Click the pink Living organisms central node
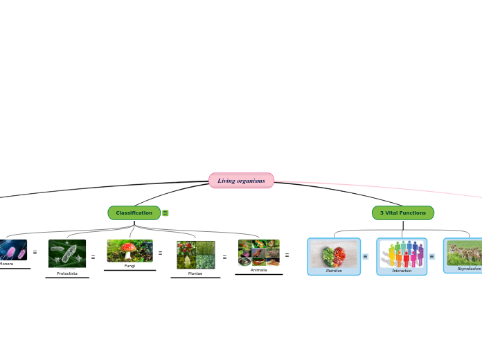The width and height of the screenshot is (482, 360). pos(241,181)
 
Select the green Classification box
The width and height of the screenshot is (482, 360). pos(134,213)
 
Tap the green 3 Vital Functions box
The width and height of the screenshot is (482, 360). pos(402,213)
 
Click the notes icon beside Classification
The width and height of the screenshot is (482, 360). pos(166,213)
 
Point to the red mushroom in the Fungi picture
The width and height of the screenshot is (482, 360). pos(128,249)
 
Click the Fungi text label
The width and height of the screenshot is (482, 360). pos(130,266)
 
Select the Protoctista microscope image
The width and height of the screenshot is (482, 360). pos(67,253)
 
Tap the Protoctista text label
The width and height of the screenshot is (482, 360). pos(67,273)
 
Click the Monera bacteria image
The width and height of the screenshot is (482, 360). pos(12,249)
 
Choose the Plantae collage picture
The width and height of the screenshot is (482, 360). pos(195,255)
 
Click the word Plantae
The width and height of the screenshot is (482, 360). pos(195,273)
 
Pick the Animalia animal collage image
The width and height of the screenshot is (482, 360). pos(258,253)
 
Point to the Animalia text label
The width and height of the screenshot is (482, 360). pos(258,270)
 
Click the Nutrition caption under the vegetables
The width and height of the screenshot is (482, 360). pos(334,271)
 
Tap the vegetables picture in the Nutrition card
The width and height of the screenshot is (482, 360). pos(334,254)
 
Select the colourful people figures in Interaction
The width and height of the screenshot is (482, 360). pos(402,253)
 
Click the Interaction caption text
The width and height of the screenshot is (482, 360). pos(402,271)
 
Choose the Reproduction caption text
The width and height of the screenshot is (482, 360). pos(469,269)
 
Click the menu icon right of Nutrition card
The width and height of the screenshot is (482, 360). pos(366,257)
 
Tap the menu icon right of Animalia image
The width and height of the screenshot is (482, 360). pos(287,255)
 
